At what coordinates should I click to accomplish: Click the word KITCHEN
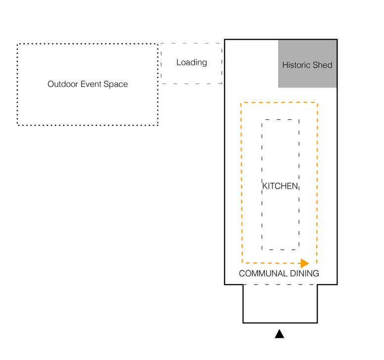coord(280,186)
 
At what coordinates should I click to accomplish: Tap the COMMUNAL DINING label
coord(279,273)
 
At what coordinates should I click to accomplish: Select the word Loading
coord(192,62)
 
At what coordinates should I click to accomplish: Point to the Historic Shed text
coord(307,65)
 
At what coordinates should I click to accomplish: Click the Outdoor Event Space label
coord(88,84)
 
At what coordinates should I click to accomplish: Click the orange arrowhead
coord(305,263)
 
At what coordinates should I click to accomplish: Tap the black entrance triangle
coord(280,334)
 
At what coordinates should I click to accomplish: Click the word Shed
coord(323,65)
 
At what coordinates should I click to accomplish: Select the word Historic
coord(297,65)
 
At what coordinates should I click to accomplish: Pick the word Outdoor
coord(62,84)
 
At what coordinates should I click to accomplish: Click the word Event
coord(91,84)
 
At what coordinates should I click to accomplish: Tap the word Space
coord(115,84)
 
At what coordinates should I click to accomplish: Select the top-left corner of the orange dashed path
coord(241,103)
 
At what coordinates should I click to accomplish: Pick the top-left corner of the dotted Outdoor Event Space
coord(18,45)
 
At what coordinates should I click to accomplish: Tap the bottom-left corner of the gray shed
coord(279,87)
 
